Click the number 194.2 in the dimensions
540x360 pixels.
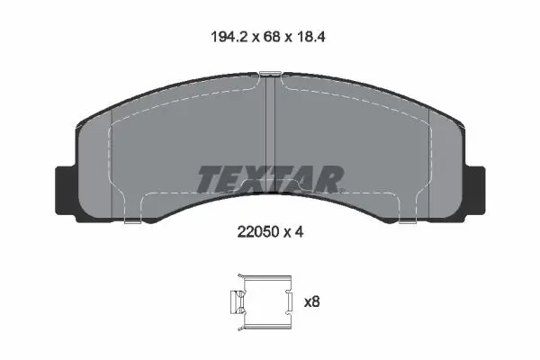pyautogui.click(x=229, y=37)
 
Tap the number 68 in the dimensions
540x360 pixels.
pyautogui.click(x=272, y=37)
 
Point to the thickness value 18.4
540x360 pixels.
pyautogui.click(x=310, y=37)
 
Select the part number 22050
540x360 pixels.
pyautogui.click(x=258, y=232)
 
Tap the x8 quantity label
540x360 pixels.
pyautogui.click(x=312, y=302)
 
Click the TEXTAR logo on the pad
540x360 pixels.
pyautogui.click(x=270, y=179)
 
